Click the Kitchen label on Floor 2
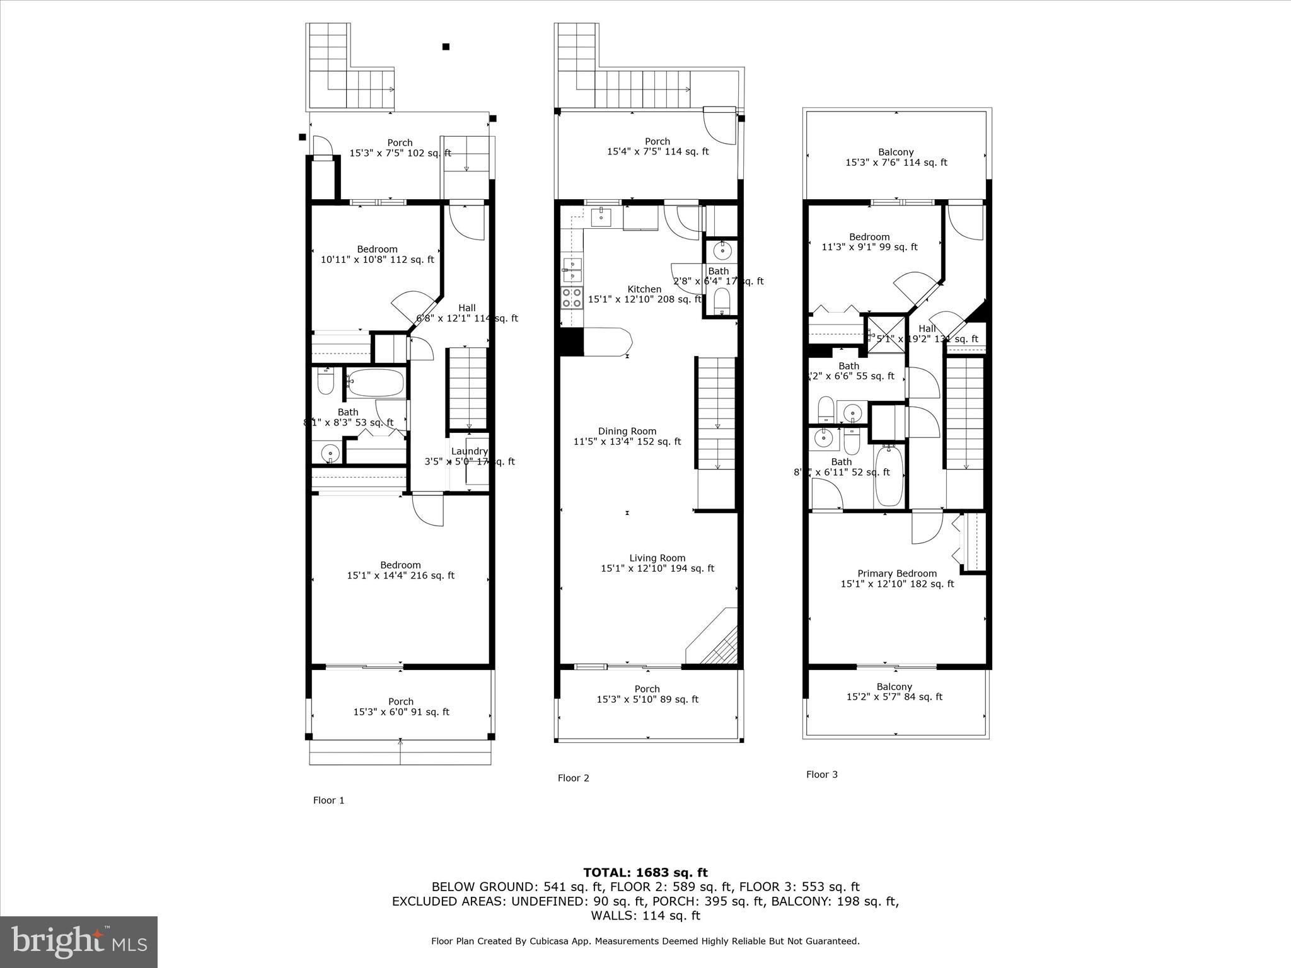[x=644, y=289]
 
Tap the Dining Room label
[x=627, y=432]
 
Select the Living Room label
[x=657, y=558]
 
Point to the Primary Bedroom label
[x=897, y=573]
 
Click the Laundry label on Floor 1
[x=469, y=452]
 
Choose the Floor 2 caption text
[x=573, y=778]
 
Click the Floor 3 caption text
[x=821, y=775]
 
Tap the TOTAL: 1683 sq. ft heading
[x=645, y=873]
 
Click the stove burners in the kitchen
[x=571, y=297]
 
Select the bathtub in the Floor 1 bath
[x=376, y=383]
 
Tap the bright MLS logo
[x=79, y=942]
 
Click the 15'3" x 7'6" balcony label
[x=896, y=158]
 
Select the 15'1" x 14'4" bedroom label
[x=400, y=570]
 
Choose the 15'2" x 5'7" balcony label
[x=894, y=692]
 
